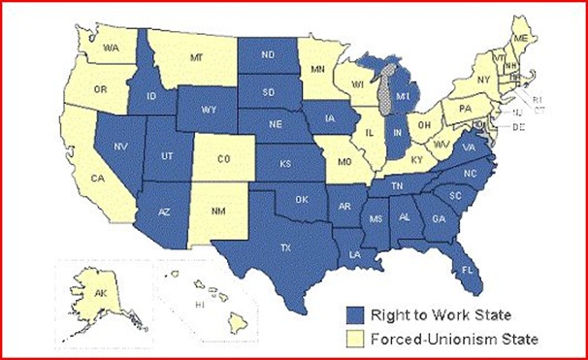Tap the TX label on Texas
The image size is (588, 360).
[x=286, y=248]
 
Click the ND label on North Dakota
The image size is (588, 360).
[x=270, y=54]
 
